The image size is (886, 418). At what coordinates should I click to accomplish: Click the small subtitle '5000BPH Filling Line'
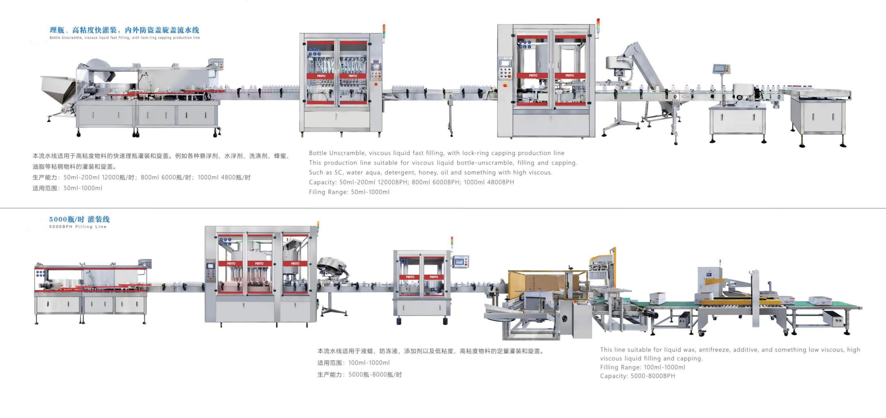click(x=78, y=227)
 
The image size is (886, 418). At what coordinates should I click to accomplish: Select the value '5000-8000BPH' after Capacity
click(x=653, y=376)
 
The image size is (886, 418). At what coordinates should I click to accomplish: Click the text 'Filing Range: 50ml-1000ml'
click(x=349, y=192)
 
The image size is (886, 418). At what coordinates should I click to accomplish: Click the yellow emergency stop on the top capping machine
click(x=505, y=84)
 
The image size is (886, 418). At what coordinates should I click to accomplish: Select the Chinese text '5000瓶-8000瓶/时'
click(x=375, y=374)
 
